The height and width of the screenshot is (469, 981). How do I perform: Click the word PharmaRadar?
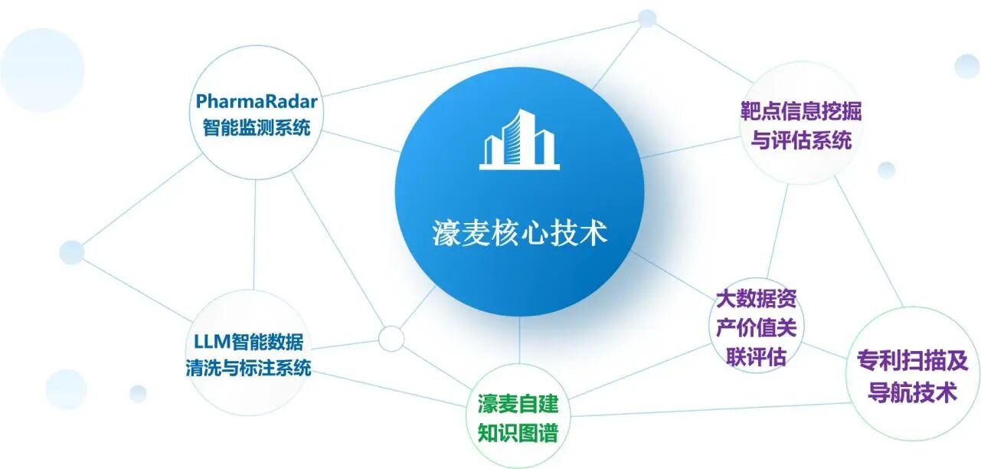(x=257, y=101)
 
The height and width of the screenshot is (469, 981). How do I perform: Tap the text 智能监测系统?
(x=257, y=127)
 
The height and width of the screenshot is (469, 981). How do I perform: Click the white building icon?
(x=519, y=139)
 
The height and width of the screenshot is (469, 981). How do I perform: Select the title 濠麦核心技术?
(x=520, y=233)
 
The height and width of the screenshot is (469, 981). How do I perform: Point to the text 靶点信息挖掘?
(x=801, y=111)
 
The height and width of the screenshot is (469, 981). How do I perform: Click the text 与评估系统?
(x=801, y=140)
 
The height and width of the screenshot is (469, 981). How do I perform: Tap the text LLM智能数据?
(x=248, y=342)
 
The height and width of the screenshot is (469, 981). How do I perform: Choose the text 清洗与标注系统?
(x=248, y=368)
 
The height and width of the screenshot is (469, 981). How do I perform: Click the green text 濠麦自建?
(x=518, y=404)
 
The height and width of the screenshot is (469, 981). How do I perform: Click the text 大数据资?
(x=757, y=299)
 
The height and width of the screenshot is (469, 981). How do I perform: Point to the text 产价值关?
(x=757, y=328)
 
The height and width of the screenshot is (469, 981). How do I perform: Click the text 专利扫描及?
(x=913, y=361)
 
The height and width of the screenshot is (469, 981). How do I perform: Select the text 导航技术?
(x=913, y=392)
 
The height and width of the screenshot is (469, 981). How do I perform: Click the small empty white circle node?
(x=391, y=339)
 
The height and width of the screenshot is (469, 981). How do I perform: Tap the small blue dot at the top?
(x=647, y=18)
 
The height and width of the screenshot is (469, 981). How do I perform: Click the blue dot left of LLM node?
(x=72, y=252)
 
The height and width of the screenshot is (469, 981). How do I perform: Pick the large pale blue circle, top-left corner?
(x=42, y=71)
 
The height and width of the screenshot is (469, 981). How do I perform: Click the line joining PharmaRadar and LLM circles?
(x=254, y=235)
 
